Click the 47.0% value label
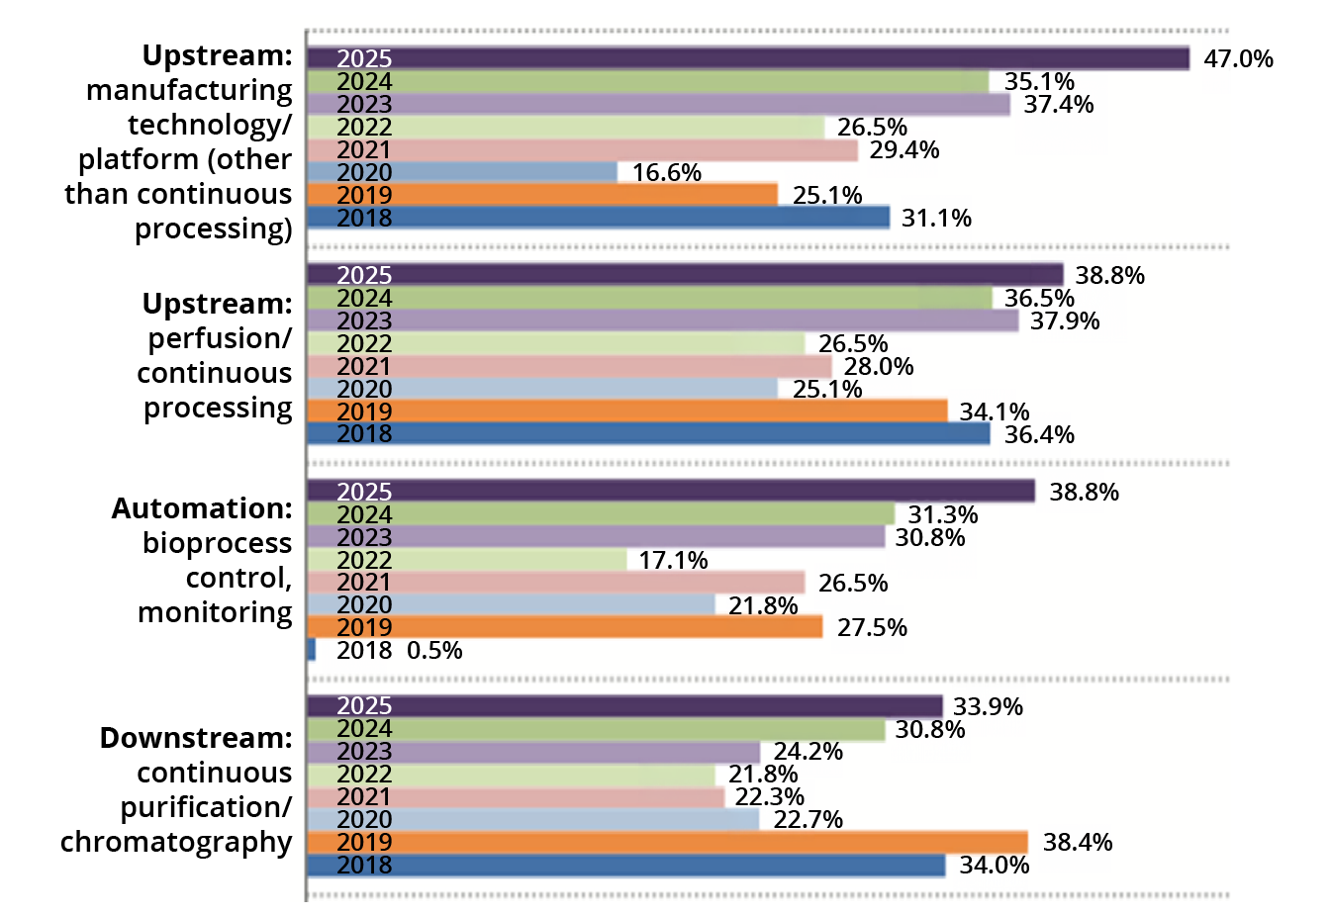coord(1238,58)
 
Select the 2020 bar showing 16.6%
coord(462,172)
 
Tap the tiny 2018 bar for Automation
coord(311,650)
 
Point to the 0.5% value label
coord(434,650)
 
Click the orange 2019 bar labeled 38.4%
coord(667,842)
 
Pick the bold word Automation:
coord(202,508)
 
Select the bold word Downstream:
coord(196,738)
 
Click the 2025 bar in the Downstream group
coord(625,706)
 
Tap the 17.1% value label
coord(673,560)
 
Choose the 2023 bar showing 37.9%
coord(663,321)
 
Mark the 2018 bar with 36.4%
coord(649,434)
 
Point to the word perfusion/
coord(220,339)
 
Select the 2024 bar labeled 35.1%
coord(648,81)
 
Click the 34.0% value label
coord(995,865)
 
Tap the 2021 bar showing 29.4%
coord(583,149)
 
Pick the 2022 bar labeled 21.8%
coord(512,775)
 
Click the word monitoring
coord(215,613)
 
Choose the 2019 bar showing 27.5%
coord(565,627)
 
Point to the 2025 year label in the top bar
coord(364,58)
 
